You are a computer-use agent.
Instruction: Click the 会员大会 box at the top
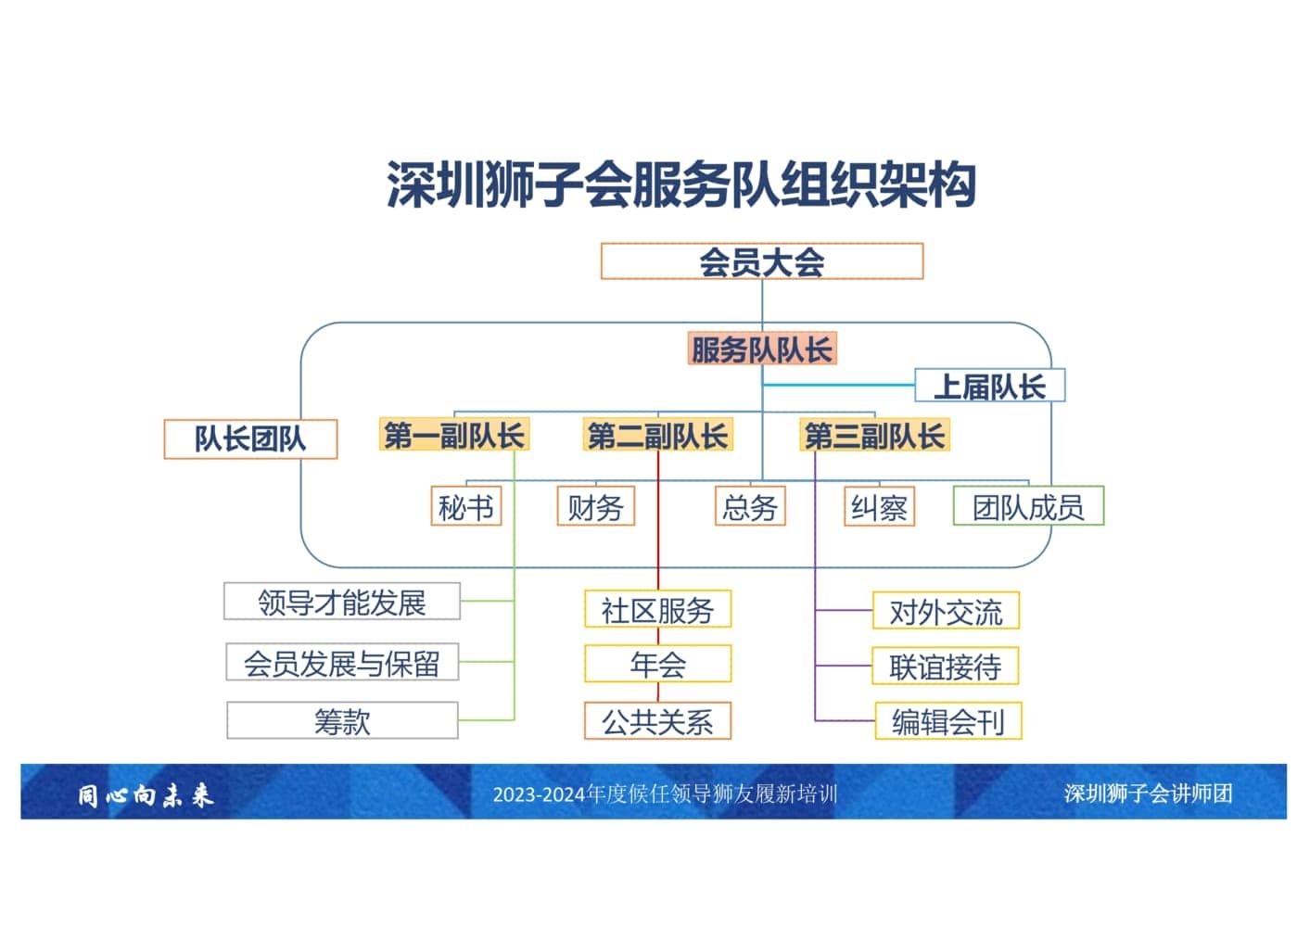761,261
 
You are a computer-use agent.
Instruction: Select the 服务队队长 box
761,349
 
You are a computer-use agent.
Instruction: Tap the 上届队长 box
989,386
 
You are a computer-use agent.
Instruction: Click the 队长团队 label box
250,438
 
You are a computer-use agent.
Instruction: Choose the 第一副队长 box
454,435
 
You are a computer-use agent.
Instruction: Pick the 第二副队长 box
657,435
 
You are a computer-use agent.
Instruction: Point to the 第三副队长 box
874,435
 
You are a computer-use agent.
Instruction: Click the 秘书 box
465,507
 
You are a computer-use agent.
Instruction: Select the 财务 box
595,507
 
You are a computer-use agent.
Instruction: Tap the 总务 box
750,507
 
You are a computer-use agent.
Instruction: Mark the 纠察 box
879,507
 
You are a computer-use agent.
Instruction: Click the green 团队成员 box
1028,506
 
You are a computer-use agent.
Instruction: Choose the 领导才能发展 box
342,603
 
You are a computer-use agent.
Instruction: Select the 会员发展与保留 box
342,663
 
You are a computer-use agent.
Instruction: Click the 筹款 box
342,720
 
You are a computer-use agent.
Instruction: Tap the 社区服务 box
657,610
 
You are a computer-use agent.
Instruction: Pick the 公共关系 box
657,721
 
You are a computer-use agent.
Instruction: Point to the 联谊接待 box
945,667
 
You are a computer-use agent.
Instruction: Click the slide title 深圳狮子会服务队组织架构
681,184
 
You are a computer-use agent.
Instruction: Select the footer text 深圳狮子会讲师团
1148,794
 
